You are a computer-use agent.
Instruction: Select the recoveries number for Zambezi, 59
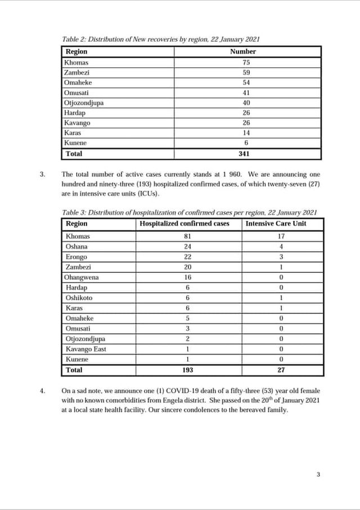tap(246, 72)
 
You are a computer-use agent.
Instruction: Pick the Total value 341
tap(246, 153)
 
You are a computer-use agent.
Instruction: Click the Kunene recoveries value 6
tap(246, 143)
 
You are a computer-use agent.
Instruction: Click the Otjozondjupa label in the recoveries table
tap(84, 102)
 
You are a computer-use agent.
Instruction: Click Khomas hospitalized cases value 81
tap(188, 236)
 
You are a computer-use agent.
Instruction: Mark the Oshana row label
tap(76, 247)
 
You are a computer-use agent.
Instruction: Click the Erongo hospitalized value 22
tap(188, 257)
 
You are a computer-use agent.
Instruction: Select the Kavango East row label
tap(85, 349)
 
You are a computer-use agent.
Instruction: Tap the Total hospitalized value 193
tap(188, 370)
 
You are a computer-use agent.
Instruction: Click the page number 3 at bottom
tap(318, 475)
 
